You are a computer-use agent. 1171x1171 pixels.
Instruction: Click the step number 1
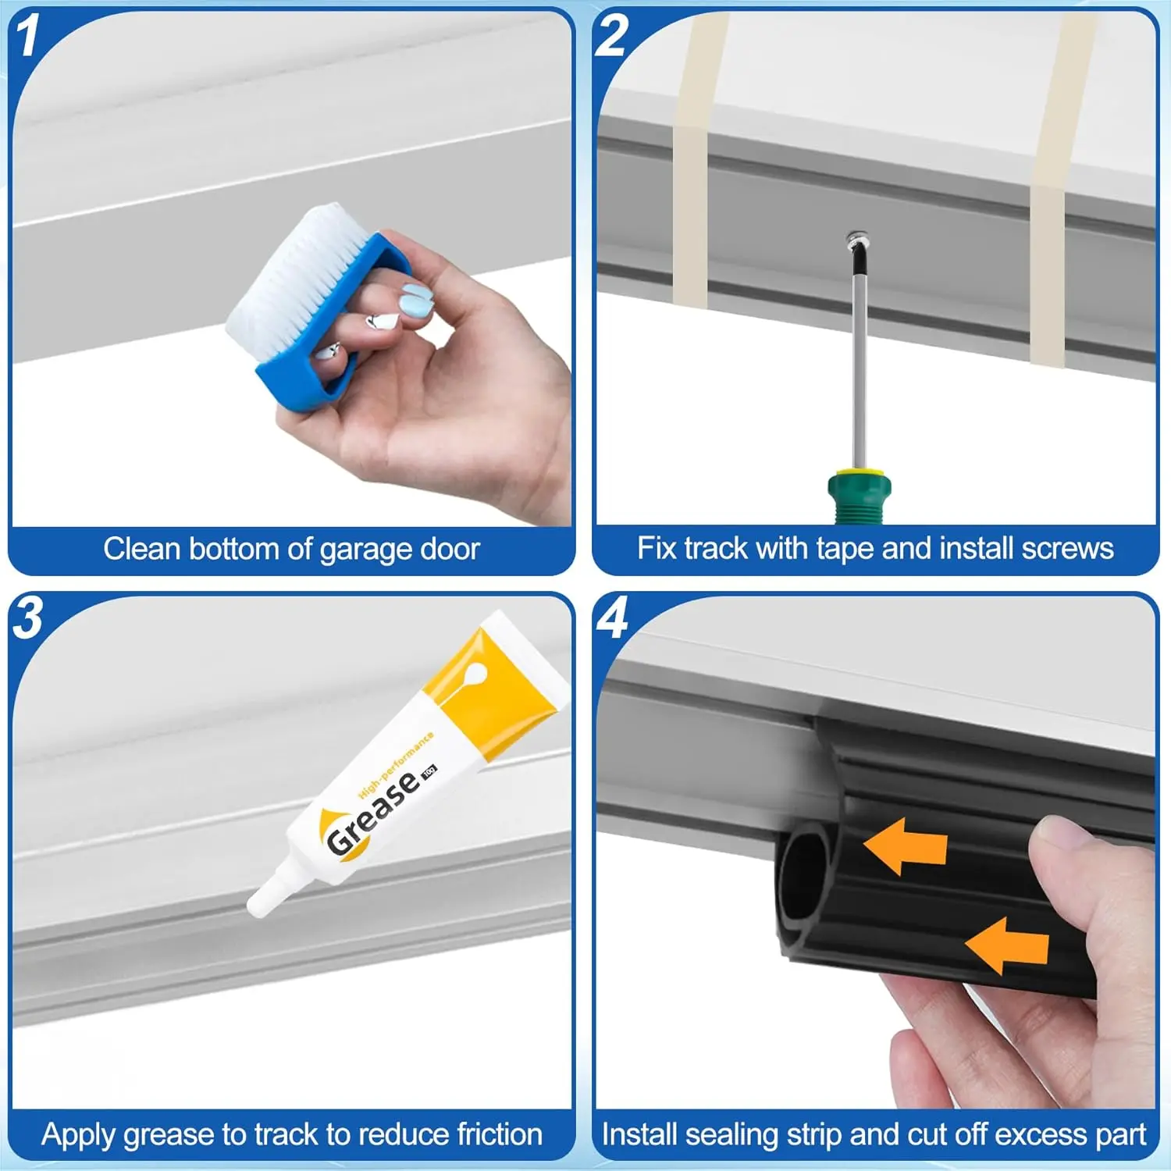coord(28,36)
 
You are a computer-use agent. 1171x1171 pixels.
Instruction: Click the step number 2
coord(611,36)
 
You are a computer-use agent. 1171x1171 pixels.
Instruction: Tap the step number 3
coord(28,619)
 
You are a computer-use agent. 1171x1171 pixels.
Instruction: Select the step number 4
coord(612,619)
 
